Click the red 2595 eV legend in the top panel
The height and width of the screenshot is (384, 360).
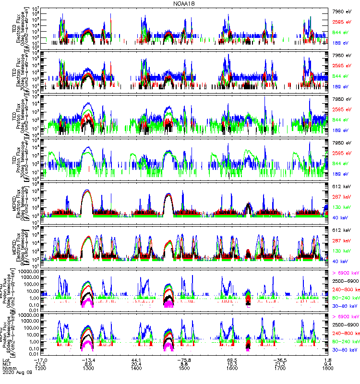[x=344, y=22]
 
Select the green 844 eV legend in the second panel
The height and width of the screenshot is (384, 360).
[x=344, y=76]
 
